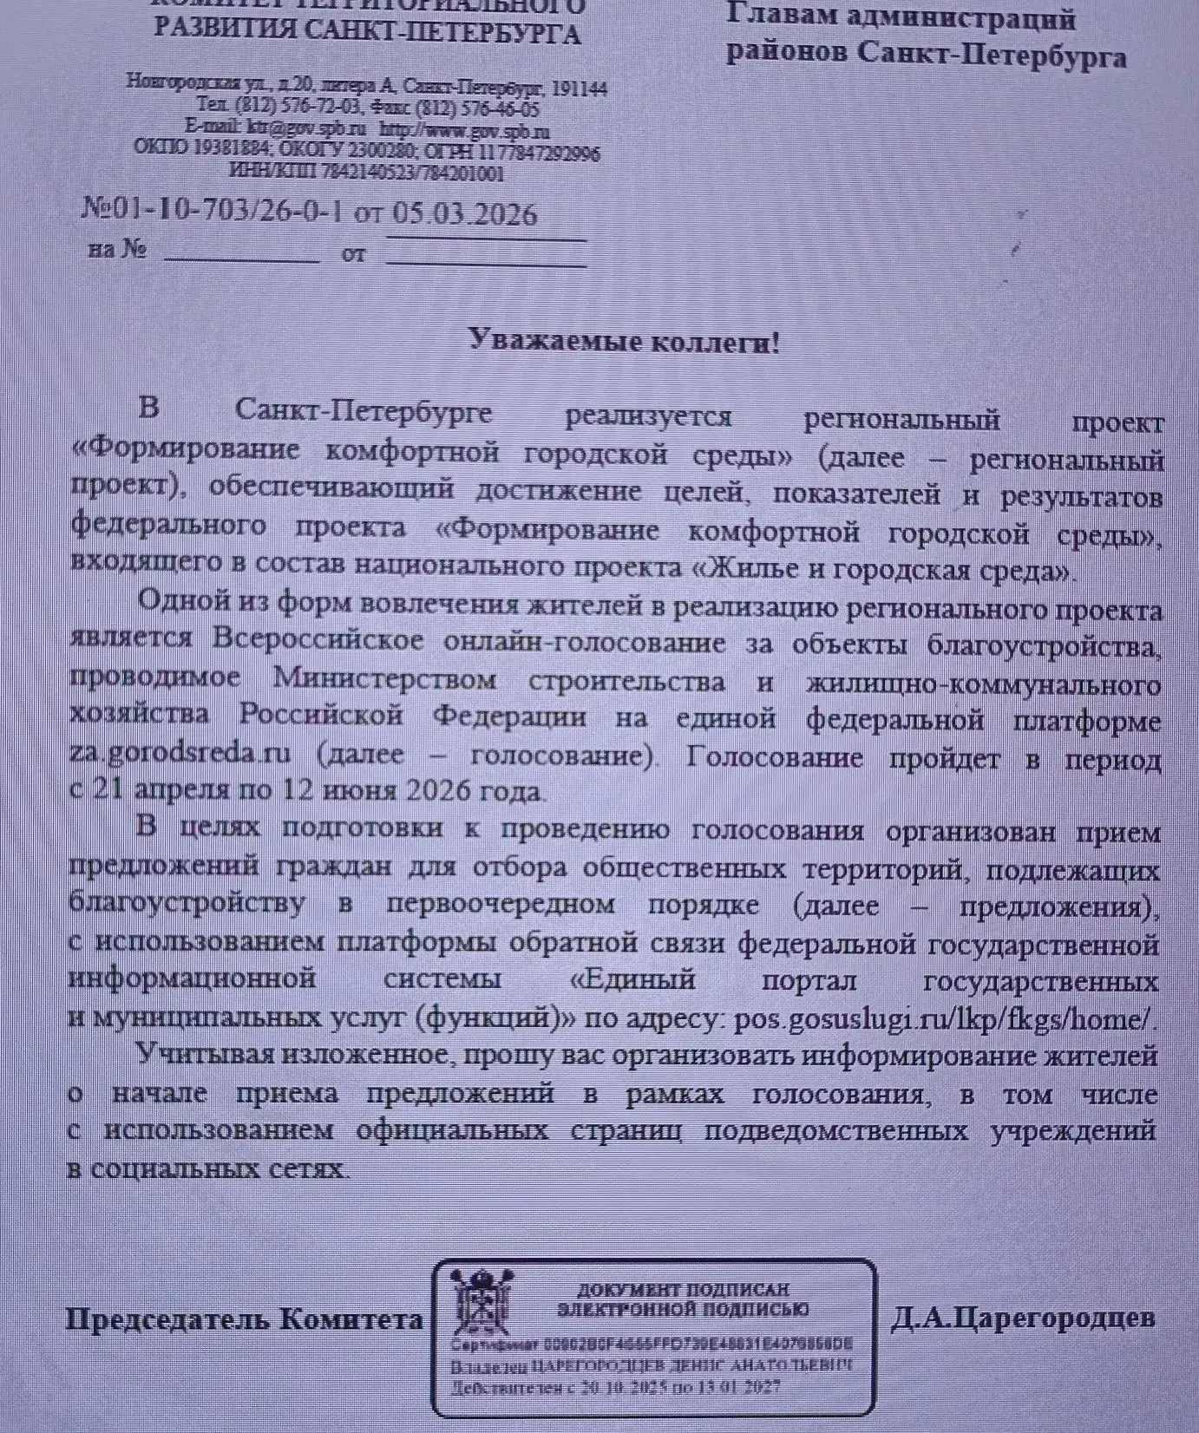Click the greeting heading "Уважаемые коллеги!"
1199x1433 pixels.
click(x=624, y=341)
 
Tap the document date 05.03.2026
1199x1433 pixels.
click(x=464, y=214)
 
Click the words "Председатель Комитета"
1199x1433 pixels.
click(x=245, y=1319)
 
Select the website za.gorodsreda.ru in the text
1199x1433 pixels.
click(x=180, y=753)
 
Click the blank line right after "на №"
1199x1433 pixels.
click(x=241, y=257)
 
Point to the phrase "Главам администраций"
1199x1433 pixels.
click(x=901, y=18)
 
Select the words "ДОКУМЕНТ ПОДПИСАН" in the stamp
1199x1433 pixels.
click(x=683, y=1290)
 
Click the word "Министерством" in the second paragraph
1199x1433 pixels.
click(x=384, y=678)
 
